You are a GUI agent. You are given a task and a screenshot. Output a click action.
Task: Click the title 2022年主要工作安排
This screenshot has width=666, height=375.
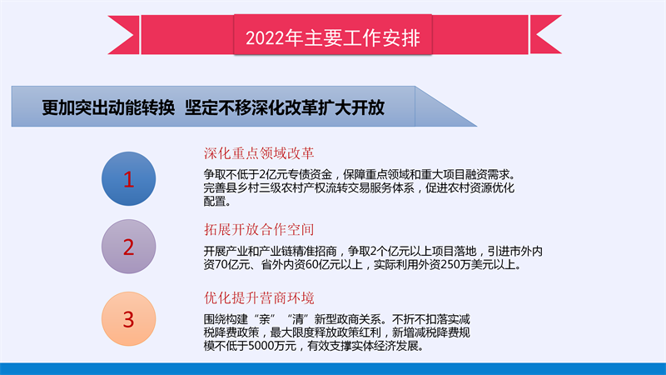(x=332, y=37)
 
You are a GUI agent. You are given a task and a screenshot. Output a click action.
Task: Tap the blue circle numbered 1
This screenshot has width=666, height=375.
(x=129, y=178)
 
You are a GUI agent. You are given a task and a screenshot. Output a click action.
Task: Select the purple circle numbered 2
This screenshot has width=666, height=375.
(x=129, y=247)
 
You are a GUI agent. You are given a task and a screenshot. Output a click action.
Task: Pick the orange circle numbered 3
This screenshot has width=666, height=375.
(x=129, y=319)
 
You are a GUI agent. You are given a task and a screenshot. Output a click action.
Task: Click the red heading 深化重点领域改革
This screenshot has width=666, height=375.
(x=259, y=153)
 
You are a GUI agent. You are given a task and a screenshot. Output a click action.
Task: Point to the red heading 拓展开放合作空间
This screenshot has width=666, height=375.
(x=259, y=230)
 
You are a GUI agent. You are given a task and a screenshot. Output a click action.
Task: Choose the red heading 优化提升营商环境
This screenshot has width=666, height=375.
(x=259, y=298)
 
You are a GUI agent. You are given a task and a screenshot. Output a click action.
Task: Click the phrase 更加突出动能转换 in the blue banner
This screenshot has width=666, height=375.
(x=108, y=107)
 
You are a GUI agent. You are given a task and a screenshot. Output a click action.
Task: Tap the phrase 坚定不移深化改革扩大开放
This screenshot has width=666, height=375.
(x=285, y=107)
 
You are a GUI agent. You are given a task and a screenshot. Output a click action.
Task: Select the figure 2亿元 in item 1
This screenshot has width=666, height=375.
(x=270, y=174)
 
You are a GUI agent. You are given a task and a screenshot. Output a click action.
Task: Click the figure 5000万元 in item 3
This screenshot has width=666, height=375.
(x=272, y=346)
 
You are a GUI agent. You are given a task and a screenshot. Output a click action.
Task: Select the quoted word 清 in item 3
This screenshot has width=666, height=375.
(x=298, y=319)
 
